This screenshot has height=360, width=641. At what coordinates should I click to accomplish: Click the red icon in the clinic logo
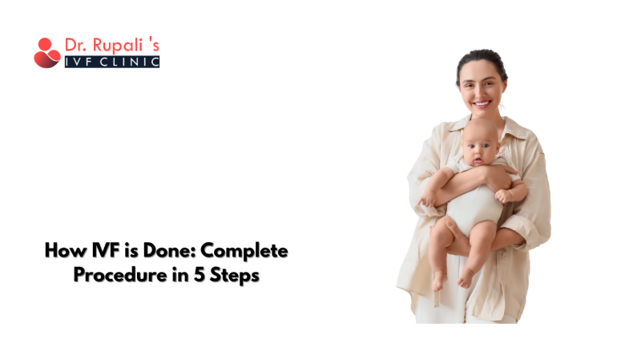click(46, 53)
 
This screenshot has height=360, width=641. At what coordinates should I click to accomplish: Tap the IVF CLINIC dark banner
click(111, 61)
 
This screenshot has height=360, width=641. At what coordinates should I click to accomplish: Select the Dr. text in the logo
click(77, 47)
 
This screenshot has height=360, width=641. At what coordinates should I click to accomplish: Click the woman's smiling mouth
click(481, 103)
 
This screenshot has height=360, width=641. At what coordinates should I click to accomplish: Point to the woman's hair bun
click(481, 56)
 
